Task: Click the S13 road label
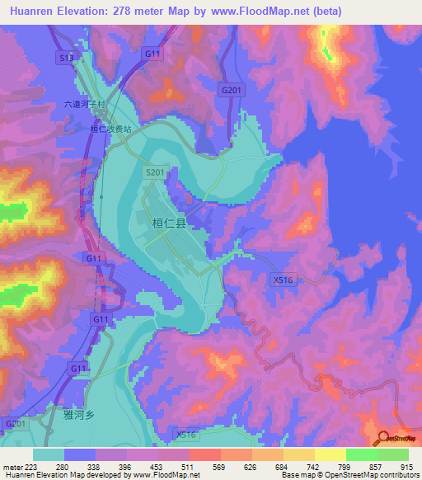(x=66, y=59)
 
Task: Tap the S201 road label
(x=155, y=172)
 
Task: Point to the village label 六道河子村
(x=86, y=105)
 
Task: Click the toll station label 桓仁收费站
(x=110, y=129)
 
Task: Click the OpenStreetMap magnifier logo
(x=382, y=438)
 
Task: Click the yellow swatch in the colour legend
(x=330, y=454)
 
